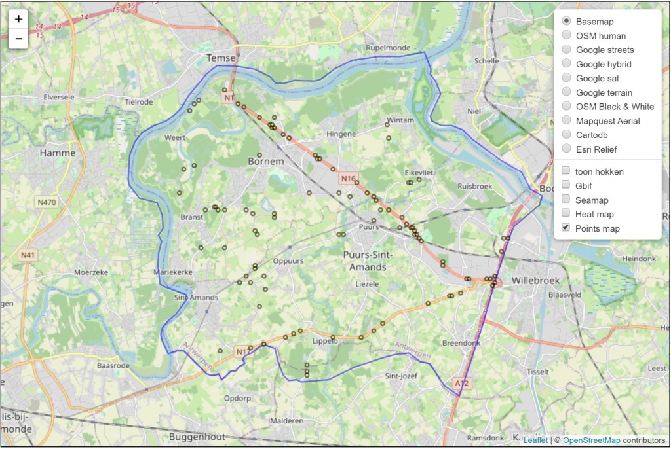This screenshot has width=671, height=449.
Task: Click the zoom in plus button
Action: [x=18, y=19]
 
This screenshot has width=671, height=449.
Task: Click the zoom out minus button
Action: [x=18, y=39]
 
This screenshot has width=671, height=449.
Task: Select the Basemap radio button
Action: [x=566, y=22]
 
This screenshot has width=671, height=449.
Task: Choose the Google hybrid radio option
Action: [x=566, y=64]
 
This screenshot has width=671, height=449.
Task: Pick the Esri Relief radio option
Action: [x=566, y=149]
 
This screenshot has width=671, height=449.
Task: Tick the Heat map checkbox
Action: [x=566, y=214]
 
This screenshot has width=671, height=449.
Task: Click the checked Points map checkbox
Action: [x=566, y=228]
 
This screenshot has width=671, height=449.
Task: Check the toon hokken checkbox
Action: [x=566, y=171]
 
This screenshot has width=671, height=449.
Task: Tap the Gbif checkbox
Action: [x=566, y=185]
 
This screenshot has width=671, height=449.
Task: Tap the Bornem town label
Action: [x=266, y=161]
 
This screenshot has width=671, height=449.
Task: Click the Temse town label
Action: [x=220, y=58]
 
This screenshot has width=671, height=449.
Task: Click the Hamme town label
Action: [x=58, y=153]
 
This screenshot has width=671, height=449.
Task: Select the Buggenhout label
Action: [x=197, y=437]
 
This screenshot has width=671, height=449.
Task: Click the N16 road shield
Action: [x=348, y=178]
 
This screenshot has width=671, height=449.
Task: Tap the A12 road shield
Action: [x=462, y=384]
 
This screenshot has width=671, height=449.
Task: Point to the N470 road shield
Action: [x=47, y=202]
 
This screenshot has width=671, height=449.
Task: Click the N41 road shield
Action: [x=28, y=255]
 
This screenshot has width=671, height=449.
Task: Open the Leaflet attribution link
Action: [x=535, y=440]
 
